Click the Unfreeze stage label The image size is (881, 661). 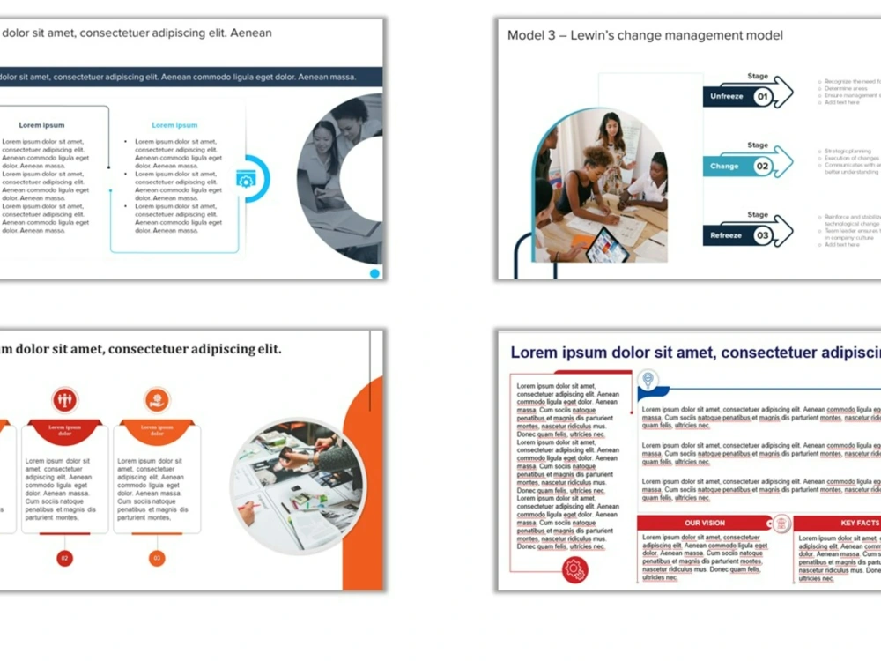(727, 96)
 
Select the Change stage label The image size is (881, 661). (724, 166)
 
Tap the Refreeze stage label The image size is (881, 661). (726, 235)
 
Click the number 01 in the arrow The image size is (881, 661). (763, 96)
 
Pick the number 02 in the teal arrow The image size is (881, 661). (763, 166)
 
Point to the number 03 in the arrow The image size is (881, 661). (763, 235)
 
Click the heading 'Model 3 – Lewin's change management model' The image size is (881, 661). (645, 35)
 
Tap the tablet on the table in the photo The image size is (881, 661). (608, 245)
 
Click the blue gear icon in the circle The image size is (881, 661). (246, 179)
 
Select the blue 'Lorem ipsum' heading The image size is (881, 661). (174, 125)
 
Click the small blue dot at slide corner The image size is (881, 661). (374, 273)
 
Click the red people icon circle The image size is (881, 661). (64, 399)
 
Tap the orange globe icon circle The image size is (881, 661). (157, 399)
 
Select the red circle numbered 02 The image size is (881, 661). (64, 558)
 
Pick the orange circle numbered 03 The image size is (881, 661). (157, 558)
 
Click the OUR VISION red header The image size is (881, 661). (705, 523)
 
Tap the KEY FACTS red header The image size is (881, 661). (859, 523)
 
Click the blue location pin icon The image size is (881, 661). (648, 380)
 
